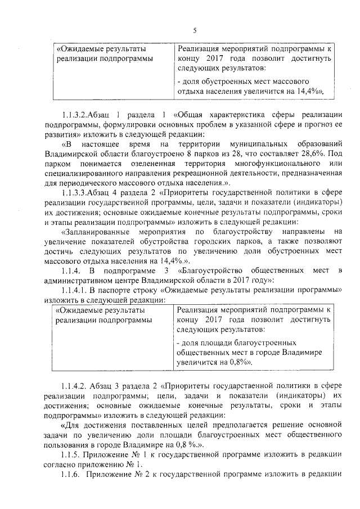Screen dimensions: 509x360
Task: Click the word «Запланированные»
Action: click(95, 231)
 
